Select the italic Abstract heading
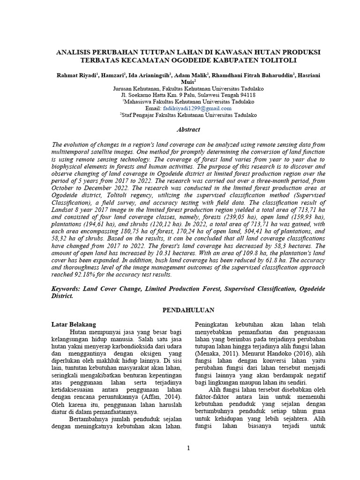click(188, 129)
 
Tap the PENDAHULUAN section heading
click(188, 310)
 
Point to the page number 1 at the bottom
click(188, 448)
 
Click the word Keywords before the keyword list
click(67, 289)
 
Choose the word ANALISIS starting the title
click(75, 52)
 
